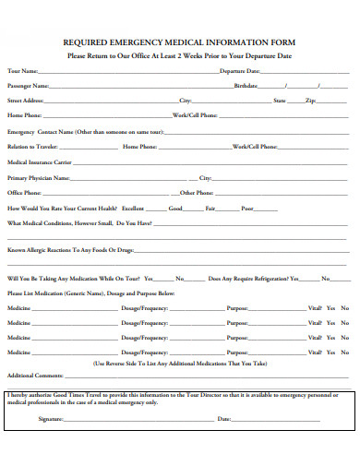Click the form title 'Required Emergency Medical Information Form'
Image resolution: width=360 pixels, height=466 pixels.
click(179, 42)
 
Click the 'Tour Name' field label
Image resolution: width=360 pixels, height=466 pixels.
click(23, 71)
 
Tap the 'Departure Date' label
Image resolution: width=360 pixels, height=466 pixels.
click(239, 71)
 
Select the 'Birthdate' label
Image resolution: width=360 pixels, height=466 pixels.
click(246, 85)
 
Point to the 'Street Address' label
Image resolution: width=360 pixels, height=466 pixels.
click(26, 100)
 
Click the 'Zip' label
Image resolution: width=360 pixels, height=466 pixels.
click(311, 100)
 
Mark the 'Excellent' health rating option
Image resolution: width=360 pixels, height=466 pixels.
click(133, 209)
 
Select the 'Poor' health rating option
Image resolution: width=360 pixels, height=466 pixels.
click(246, 209)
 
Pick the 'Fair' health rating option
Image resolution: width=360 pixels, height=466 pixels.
click(210, 209)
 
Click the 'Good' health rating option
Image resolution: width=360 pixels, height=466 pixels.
click(174, 209)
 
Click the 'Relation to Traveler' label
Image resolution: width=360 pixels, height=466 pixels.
click(32, 147)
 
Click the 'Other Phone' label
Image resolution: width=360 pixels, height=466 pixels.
click(198, 193)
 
